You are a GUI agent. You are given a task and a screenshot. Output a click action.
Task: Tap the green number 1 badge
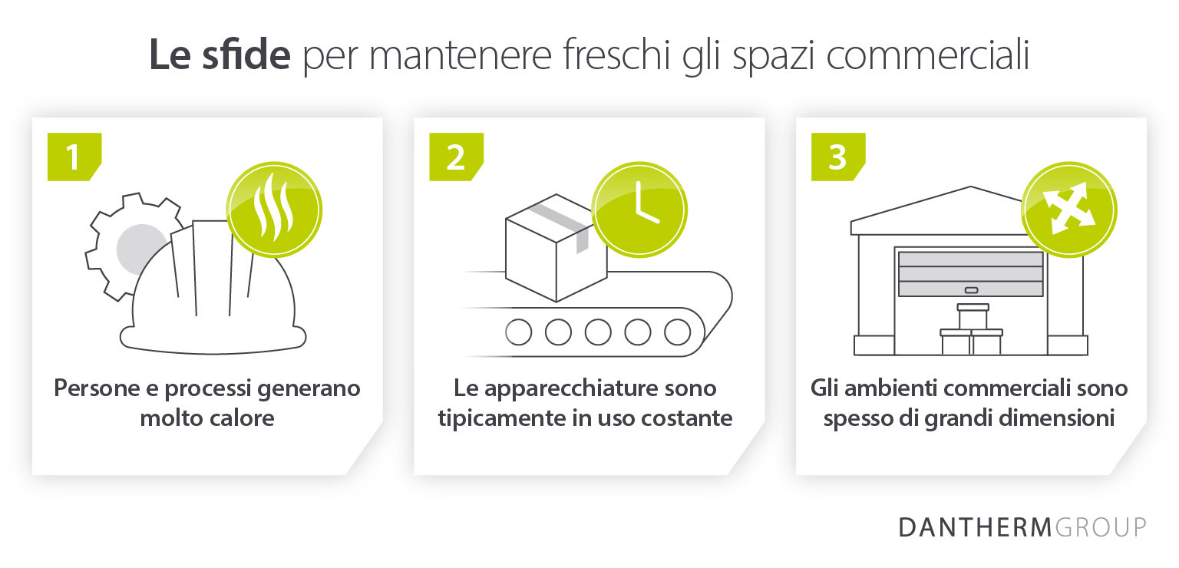click(x=74, y=157)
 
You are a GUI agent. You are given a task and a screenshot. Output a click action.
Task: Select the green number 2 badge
click(x=455, y=157)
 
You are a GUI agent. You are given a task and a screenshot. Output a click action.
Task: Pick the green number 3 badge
click(x=837, y=157)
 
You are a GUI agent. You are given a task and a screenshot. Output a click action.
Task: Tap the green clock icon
click(x=639, y=210)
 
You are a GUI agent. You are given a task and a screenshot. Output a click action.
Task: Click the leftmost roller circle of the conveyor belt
click(x=519, y=332)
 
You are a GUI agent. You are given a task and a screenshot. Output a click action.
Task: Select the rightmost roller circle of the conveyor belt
click(x=677, y=332)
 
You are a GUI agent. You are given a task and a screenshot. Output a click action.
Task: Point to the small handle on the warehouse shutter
click(x=971, y=290)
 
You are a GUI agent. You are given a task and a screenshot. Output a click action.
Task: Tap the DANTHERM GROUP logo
click(x=1022, y=527)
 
